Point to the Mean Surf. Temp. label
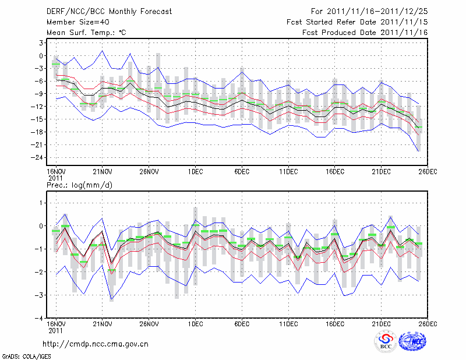(86, 32)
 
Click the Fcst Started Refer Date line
(357, 22)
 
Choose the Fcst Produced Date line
(365, 32)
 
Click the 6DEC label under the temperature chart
(242, 171)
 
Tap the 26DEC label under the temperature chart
(428, 171)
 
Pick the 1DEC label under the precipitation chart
(195, 323)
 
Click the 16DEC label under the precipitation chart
(335, 323)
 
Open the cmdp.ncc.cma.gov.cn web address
(96, 344)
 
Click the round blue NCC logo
(412, 342)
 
